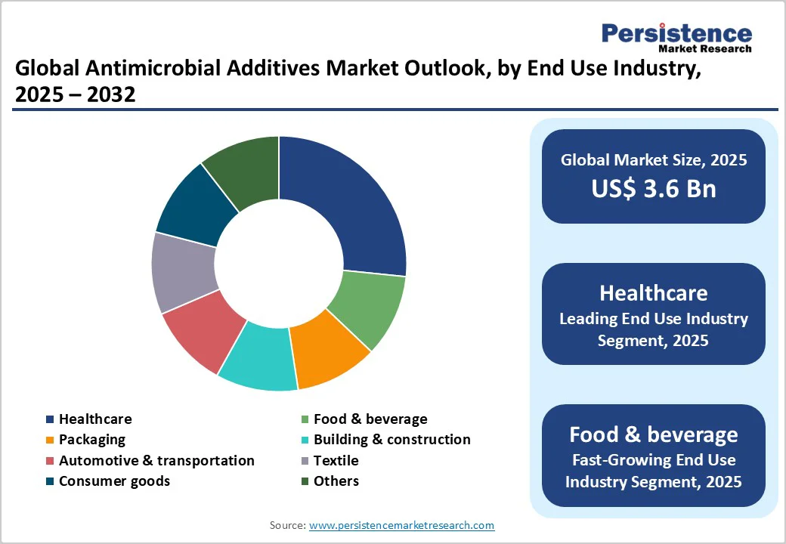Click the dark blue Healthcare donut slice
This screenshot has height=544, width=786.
348,204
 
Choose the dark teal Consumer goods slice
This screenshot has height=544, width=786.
193,208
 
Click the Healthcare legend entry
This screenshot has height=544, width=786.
94,419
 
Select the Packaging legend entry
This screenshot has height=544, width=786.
91,440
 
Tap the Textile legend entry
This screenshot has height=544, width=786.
336,460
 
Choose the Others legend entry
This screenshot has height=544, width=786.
336,481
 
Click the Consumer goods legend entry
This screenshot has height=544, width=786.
114,481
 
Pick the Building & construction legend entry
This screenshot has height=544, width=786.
391,440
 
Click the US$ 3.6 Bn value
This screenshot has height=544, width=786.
653,188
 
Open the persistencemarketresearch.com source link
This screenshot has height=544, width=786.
401,525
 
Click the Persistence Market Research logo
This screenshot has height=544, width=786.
676,38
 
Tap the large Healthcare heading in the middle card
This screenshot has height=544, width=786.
653,293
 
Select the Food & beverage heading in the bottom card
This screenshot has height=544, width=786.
653,434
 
